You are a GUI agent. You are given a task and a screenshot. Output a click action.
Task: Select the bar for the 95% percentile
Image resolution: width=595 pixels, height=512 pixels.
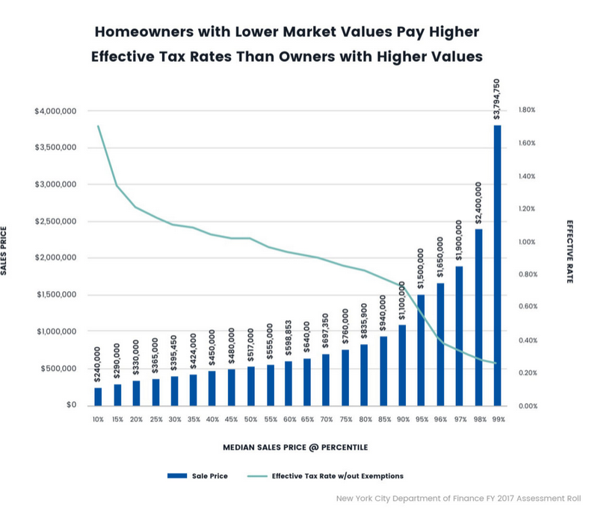[421, 350]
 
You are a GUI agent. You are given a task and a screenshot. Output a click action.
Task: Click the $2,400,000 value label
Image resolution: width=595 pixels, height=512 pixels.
[478, 202]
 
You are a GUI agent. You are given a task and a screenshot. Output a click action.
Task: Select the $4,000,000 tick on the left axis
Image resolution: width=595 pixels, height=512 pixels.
[55, 111]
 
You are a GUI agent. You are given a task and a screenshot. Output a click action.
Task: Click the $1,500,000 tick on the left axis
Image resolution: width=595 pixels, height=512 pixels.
[55, 295]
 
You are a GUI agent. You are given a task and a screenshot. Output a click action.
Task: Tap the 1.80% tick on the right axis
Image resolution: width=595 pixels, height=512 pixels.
[527, 110]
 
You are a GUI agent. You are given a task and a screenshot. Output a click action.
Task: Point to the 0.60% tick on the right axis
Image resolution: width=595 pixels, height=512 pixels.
[527, 307]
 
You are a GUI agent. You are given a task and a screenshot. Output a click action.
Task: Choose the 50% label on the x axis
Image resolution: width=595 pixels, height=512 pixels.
[250, 419]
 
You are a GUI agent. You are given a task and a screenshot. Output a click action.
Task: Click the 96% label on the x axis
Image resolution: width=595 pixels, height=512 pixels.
[440, 419]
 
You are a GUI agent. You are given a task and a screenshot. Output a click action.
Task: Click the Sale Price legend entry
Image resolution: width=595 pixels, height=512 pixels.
[198, 475]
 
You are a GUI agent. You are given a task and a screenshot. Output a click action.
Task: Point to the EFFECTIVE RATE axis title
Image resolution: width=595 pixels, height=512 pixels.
[570, 251]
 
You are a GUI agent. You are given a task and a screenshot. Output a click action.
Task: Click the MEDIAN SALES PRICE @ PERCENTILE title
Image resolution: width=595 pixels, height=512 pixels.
[295, 448]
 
